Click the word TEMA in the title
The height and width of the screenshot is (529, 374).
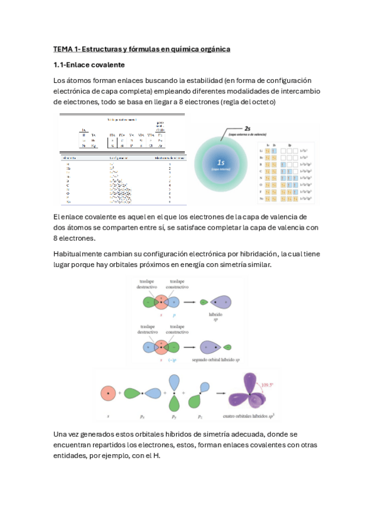click(x=63, y=49)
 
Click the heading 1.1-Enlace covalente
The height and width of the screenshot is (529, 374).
click(x=89, y=65)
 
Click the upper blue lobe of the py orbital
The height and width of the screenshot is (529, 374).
click(x=173, y=380)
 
